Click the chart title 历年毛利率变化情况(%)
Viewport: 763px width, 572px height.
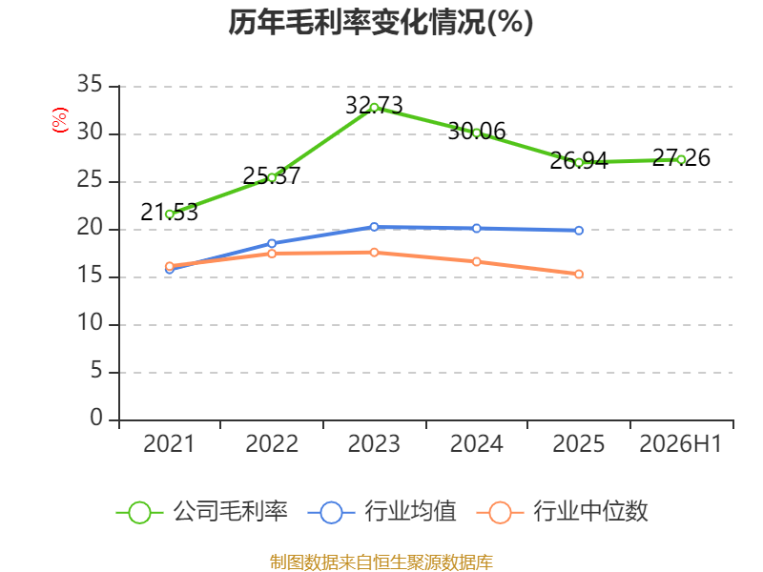coord(381,22)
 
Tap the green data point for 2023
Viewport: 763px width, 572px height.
coord(374,108)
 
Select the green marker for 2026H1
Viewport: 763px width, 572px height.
coord(681,160)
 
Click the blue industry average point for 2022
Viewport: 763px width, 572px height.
coord(272,243)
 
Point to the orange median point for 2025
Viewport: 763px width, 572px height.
coord(579,275)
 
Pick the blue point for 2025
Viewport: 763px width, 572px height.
coord(579,231)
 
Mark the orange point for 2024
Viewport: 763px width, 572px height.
coord(476,261)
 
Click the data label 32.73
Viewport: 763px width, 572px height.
coord(374,105)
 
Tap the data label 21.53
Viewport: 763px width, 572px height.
coord(170,212)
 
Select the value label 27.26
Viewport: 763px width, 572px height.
coord(681,157)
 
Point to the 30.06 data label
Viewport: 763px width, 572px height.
coord(476,132)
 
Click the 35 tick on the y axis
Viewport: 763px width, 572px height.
coord(90,85)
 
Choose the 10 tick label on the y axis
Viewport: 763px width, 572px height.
coord(90,323)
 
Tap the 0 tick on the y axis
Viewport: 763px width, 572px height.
coord(96,419)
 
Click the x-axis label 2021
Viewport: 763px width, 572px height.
coord(169,444)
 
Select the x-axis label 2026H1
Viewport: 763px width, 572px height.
coord(681,444)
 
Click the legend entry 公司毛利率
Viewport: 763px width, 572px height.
coord(202,512)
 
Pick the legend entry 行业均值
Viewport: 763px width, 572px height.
coord(382,512)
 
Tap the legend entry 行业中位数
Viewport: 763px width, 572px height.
coord(562,512)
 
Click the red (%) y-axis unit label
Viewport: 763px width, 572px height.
coord(60,120)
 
